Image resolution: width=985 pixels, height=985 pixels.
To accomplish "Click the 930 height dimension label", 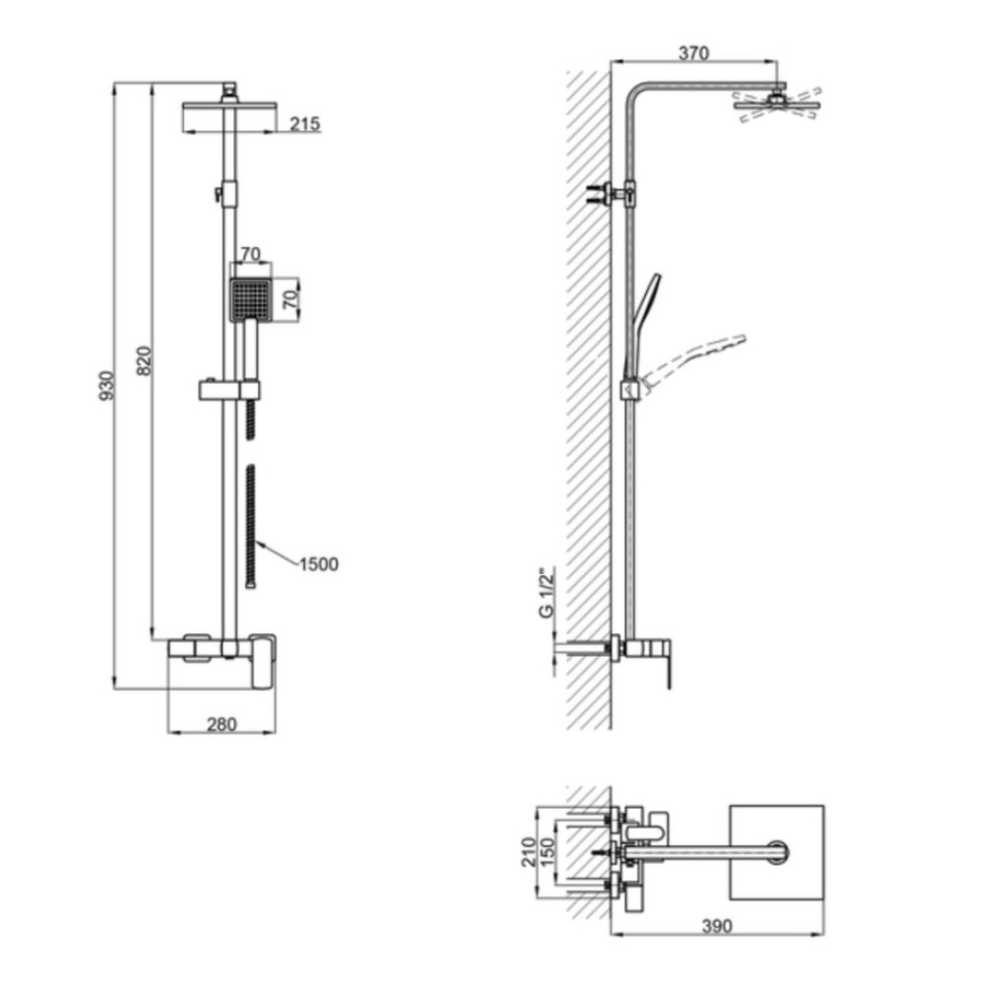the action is coord(106,386).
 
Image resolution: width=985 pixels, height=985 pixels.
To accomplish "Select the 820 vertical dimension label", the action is coord(144,361).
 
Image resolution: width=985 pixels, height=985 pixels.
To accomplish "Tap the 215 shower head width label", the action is coord(304,124).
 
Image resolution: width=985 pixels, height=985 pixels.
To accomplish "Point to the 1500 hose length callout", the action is coord(318,564).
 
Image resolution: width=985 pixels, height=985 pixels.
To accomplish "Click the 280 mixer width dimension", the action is coord(222,724).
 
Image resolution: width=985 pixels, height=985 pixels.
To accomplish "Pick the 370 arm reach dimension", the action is coord(693,53).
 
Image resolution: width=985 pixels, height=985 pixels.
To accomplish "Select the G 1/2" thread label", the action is coord(547,592).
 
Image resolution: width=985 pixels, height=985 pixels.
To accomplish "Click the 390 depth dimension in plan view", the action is coord(717,926).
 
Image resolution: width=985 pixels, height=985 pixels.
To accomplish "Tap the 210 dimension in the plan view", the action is coord(530,852).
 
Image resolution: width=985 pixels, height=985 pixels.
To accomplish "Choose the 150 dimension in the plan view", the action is coord(549,852).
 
